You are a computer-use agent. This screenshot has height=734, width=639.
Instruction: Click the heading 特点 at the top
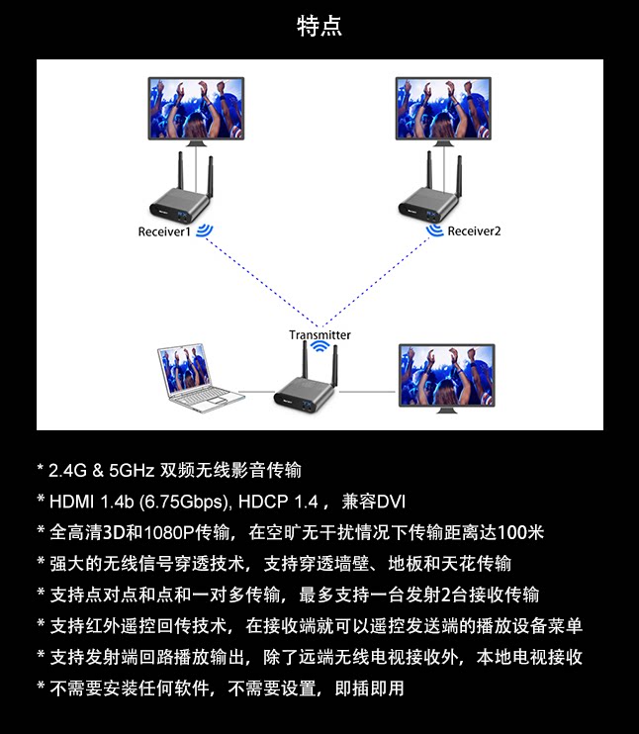(319, 26)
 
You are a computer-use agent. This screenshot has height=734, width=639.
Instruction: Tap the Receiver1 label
(164, 231)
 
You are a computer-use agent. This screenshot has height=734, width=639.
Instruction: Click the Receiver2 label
(474, 231)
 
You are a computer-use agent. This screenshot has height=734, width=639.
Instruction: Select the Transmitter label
(319, 334)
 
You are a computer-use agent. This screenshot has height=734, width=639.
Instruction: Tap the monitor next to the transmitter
(446, 378)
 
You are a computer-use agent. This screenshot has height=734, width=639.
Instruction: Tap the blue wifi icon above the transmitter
(320, 346)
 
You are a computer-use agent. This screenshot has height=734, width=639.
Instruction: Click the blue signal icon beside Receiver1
(204, 230)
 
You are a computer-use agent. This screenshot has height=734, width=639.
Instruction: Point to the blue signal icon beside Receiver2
(435, 230)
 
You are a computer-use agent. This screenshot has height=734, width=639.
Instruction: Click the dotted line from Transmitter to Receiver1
(262, 282)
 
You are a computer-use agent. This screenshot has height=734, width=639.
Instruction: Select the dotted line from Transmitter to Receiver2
(375, 282)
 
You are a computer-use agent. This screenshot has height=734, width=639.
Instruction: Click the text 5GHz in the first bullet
(132, 470)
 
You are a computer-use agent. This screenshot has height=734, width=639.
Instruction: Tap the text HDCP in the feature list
(263, 502)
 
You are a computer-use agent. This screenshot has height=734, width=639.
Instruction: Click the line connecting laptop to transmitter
(256, 392)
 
